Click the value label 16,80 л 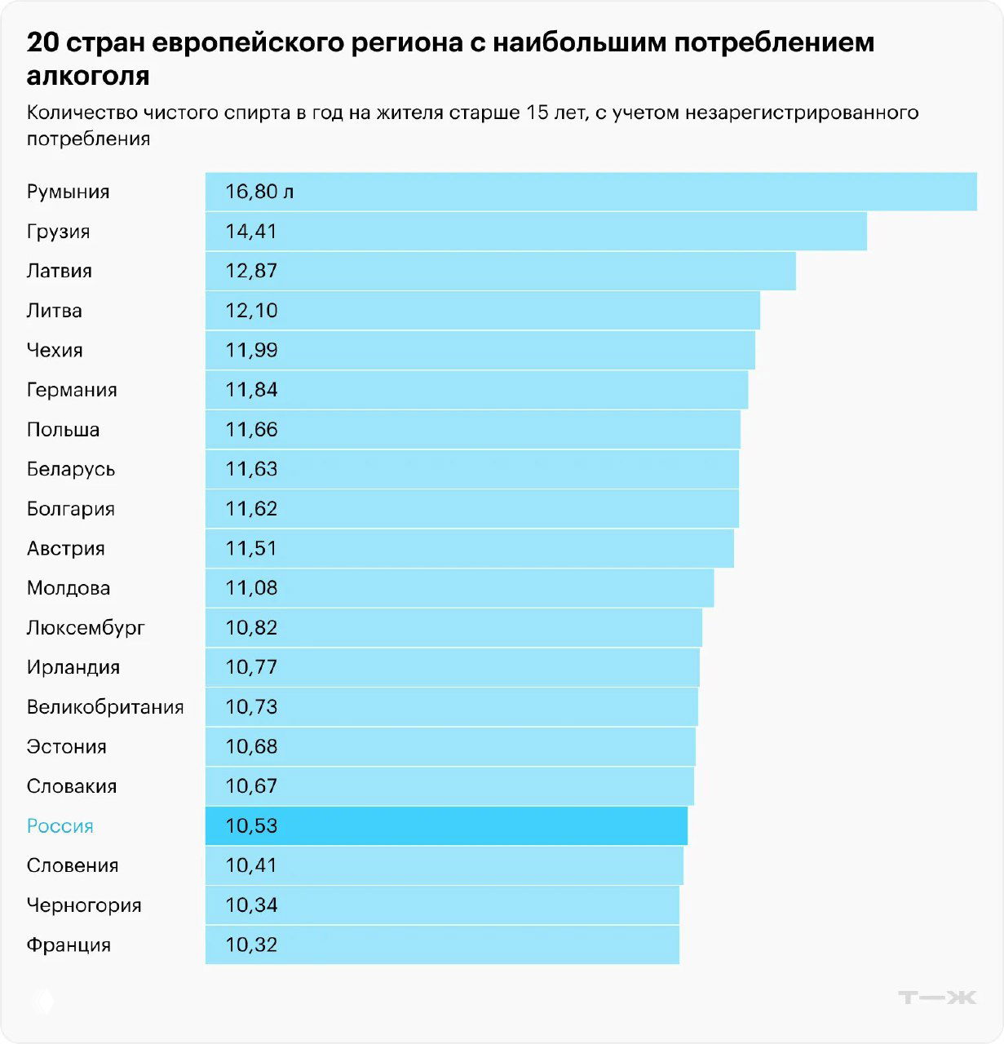(259, 192)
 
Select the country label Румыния (68, 192)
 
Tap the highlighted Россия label (60, 826)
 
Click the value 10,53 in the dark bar (251, 826)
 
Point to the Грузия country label (58, 232)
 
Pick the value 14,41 (251, 232)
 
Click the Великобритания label (105, 707)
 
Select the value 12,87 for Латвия (251, 271)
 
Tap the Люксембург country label (86, 628)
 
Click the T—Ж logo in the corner (936, 997)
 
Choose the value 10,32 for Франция (251, 945)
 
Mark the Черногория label (84, 905)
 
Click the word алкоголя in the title (88, 76)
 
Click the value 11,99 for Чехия (251, 351)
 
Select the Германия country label (72, 390)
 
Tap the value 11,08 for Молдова (251, 588)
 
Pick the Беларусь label (71, 470)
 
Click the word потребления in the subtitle (88, 139)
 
